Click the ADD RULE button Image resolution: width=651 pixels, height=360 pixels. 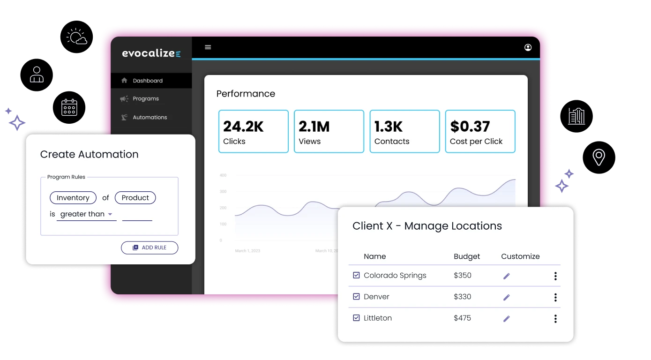click(x=150, y=247)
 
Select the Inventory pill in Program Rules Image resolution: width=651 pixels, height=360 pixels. click(x=73, y=198)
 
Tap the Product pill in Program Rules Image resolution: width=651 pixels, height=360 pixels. click(x=135, y=198)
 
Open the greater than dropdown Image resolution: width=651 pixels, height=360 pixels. click(x=86, y=214)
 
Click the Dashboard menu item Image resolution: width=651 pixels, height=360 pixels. click(x=147, y=81)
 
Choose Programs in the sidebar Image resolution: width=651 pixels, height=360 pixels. click(x=145, y=99)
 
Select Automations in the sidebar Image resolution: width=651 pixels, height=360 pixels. click(x=150, y=117)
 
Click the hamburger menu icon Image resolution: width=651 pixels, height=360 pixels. click(x=208, y=47)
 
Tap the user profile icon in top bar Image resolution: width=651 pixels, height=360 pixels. click(x=528, y=47)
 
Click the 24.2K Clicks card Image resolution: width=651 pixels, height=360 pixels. click(x=253, y=131)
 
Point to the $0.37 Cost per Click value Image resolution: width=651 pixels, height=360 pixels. click(x=470, y=127)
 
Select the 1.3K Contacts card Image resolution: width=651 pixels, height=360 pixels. click(x=404, y=131)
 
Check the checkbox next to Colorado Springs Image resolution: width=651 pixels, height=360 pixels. click(x=356, y=275)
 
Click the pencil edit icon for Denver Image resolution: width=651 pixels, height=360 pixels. click(x=506, y=297)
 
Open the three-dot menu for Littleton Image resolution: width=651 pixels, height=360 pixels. click(x=555, y=319)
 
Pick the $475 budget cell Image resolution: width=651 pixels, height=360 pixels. click(x=462, y=318)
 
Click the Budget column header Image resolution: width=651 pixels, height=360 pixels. click(x=467, y=256)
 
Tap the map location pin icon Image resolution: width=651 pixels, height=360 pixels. click(x=599, y=157)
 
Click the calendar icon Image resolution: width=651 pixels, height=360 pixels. click(x=69, y=107)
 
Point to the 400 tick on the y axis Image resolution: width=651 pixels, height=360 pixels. click(x=223, y=175)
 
